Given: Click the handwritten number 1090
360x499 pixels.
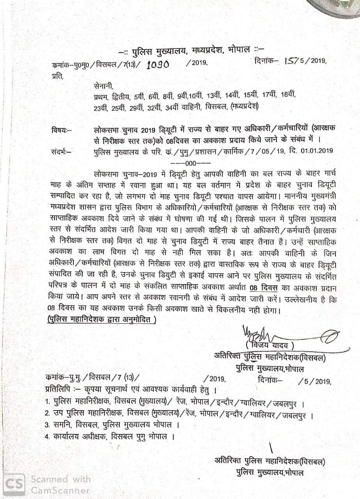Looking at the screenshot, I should [158, 65].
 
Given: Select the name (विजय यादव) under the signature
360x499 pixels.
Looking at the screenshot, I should [269, 345].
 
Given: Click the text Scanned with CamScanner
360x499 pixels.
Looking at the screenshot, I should [60, 484].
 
